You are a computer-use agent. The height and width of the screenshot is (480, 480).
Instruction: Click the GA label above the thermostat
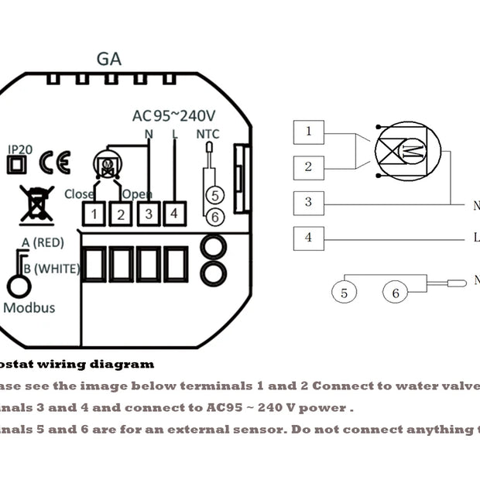click(x=109, y=59)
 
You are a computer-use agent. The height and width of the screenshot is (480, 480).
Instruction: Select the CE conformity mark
click(x=55, y=163)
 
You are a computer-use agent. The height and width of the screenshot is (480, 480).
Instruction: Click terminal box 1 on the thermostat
click(x=94, y=213)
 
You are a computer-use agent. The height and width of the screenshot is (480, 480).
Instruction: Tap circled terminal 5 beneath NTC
click(x=215, y=197)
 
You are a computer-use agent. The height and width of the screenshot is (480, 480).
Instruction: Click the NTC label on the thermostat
click(x=208, y=134)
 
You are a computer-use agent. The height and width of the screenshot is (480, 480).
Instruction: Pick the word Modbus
click(x=30, y=307)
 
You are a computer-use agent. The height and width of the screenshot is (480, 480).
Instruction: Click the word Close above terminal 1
click(x=80, y=194)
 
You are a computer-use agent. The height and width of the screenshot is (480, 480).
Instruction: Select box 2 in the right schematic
click(x=308, y=166)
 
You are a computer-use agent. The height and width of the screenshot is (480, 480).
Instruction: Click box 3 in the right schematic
click(x=308, y=202)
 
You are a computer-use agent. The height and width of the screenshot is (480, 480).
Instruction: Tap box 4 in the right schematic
click(x=308, y=237)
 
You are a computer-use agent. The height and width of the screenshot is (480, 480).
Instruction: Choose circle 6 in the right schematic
click(x=395, y=293)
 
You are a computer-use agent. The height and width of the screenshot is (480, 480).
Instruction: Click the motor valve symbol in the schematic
click(x=406, y=149)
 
